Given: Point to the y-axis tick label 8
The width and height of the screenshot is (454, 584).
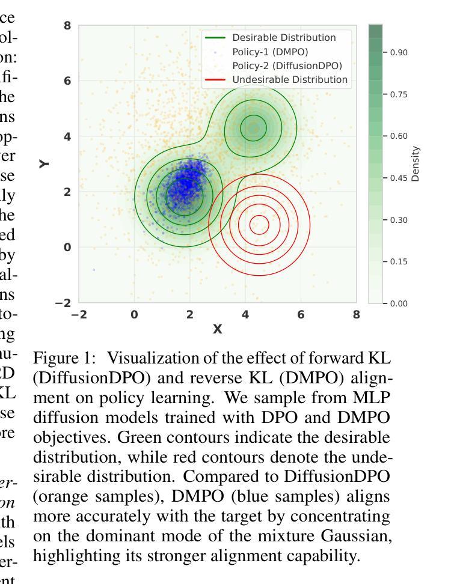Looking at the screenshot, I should pos(67,26).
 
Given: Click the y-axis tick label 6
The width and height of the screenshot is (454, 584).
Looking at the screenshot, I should pos(67,81).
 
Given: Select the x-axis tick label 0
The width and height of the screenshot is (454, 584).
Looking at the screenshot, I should pos(135,314).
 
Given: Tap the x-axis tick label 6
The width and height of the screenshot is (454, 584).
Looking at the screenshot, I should pos(301,314).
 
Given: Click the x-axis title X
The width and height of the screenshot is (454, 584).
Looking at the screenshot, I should pos(218,329).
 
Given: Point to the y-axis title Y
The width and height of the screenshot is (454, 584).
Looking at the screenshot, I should pos(45,163).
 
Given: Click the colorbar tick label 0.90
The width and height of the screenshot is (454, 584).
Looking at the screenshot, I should pos(399,53).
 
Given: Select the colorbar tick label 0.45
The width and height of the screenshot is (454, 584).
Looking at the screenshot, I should pos(399,178).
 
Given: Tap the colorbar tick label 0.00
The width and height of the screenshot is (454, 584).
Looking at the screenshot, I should pos(399,303).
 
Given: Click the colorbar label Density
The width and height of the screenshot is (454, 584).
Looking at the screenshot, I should pos(416,163).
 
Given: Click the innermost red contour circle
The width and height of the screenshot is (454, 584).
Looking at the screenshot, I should pos(259,225).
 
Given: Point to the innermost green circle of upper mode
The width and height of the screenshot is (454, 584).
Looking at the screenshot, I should pos(253,127).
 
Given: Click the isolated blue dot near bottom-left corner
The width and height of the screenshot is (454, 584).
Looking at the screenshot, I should pos(94,270).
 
